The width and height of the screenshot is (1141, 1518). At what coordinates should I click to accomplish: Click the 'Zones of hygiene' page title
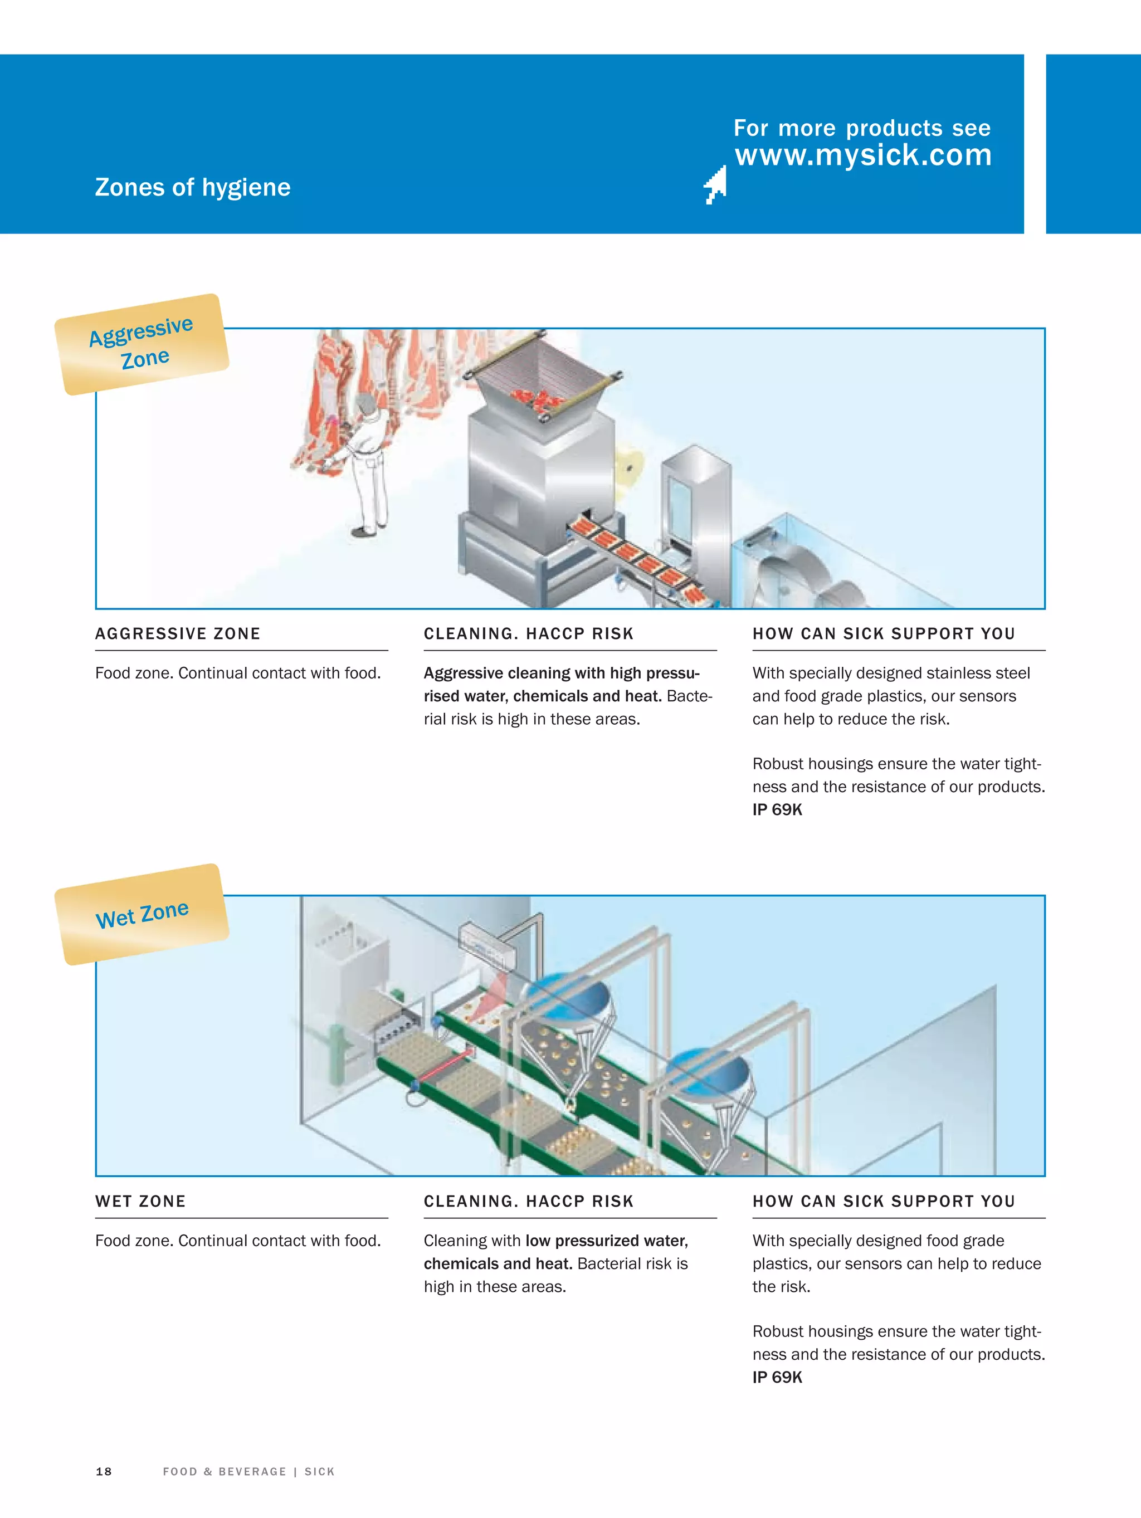pos(192,187)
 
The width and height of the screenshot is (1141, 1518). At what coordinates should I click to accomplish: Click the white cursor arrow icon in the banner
pos(716,184)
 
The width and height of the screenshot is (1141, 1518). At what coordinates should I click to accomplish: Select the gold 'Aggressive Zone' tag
pos(142,344)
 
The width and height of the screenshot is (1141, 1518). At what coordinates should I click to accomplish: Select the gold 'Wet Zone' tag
pos(142,914)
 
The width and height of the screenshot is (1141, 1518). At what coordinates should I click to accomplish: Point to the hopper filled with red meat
pos(541,384)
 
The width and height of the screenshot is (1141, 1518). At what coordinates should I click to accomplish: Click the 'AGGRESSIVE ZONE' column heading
pos(178,633)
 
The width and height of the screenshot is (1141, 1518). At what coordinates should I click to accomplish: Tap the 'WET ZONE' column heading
pos(141,1201)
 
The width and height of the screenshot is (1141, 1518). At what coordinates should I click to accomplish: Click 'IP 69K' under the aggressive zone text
pos(777,810)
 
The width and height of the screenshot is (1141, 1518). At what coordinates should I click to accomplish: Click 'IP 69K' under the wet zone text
pos(777,1377)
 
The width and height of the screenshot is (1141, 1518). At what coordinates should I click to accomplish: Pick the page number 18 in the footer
pos(104,1471)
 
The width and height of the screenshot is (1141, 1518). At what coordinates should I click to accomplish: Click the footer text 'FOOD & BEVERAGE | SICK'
pos(248,1471)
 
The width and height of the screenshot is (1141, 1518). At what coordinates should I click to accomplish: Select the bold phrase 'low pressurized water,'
pos(607,1241)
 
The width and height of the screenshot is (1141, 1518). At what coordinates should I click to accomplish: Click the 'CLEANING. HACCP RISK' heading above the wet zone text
pos(529,1201)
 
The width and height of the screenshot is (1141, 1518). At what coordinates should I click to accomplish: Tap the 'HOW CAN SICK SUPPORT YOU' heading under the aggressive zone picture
pos(884,633)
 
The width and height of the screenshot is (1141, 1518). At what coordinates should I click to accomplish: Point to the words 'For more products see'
pos(861,128)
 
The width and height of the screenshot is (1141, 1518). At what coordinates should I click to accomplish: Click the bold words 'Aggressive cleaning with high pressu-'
pos(561,673)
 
